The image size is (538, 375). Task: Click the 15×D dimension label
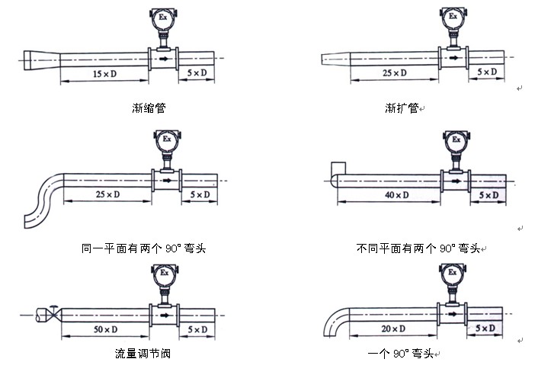click(104, 74)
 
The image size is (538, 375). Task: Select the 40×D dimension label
click(396, 195)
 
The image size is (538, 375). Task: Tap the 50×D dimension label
click(106, 330)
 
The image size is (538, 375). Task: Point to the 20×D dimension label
click(393, 329)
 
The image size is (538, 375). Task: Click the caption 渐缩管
click(149, 108)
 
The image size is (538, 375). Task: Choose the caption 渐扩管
click(402, 108)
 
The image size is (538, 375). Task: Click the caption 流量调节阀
click(143, 354)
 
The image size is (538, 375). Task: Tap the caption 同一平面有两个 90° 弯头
click(144, 248)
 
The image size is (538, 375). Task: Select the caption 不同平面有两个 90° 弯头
click(418, 248)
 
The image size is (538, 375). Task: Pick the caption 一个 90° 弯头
click(400, 354)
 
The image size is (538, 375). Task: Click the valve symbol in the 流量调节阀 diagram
click(53, 313)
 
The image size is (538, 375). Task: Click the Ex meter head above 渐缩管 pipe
click(163, 18)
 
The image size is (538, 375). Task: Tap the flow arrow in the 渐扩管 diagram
click(453, 58)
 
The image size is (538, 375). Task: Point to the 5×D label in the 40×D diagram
click(488, 195)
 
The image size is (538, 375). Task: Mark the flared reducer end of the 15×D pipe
click(42, 60)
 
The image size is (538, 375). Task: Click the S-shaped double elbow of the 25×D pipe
click(44, 200)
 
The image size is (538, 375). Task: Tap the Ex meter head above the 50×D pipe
click(165, 274)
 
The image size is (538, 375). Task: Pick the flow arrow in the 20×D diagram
click(453, 313)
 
